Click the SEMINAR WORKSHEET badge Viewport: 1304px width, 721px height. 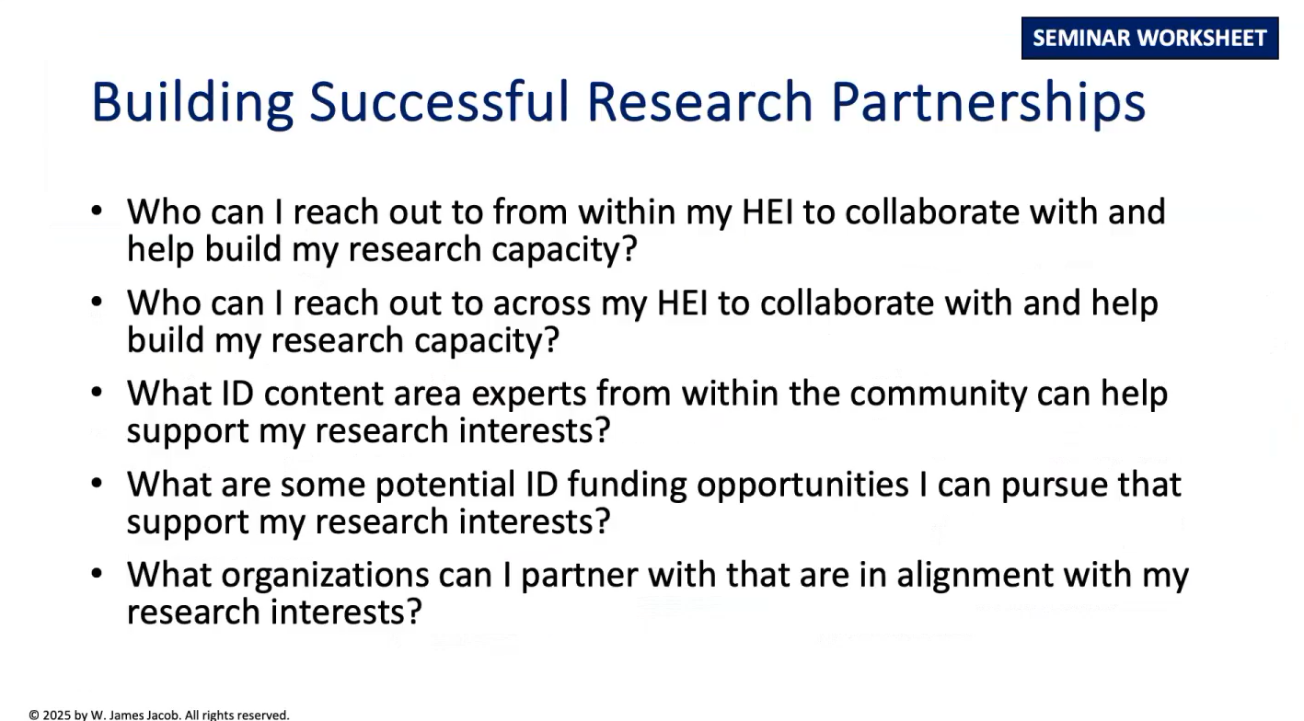pos(1149,39)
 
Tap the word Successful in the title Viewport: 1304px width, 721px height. pos(439,101)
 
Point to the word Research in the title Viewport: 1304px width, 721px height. pos(699,101)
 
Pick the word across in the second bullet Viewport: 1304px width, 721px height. pos(542,303)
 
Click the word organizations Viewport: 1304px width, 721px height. pos(325,576)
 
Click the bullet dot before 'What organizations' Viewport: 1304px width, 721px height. pos(97,574)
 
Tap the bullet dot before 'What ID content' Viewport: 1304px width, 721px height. pos(97,392)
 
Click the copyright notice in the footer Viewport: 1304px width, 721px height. pos(159,715)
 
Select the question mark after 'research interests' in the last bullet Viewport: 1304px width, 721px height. pos(413,611)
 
